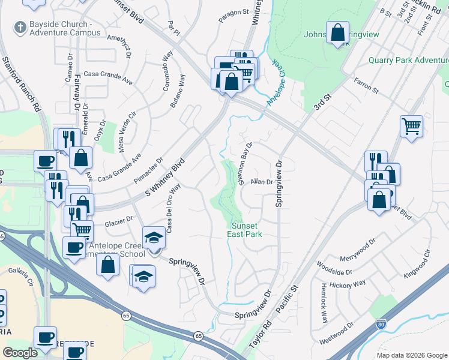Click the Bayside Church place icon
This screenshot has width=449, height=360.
(19, 27)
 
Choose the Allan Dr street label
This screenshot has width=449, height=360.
(262, 181)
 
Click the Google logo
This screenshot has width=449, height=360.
(20, 353)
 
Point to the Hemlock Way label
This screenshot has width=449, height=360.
(324, 303)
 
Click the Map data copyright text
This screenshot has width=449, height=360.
(412, 355)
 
